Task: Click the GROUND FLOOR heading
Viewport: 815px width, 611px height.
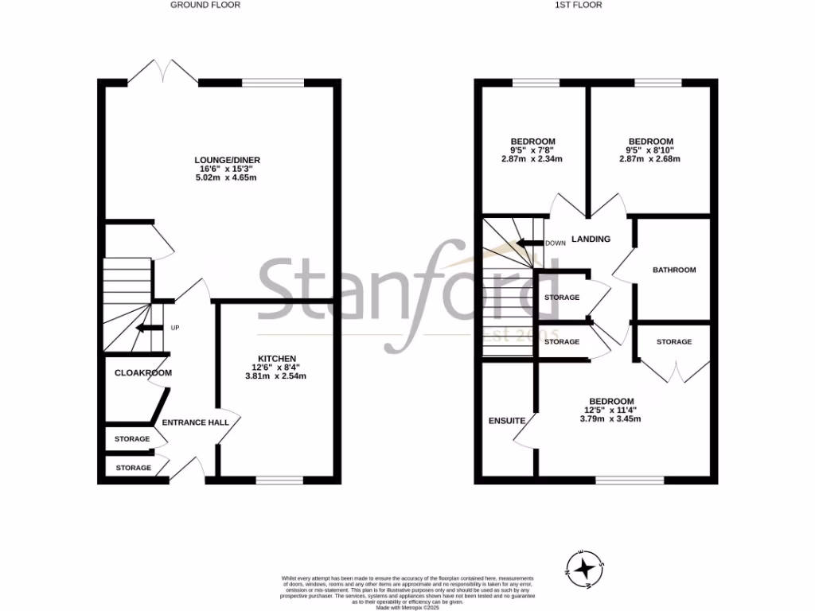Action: click(x=205, y=5)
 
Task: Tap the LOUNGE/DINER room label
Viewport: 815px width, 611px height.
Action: click(x=228, y=160)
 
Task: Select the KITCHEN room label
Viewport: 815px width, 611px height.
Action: click(x=277, y=358)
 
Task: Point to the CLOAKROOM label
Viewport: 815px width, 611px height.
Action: click(x=143, y=372)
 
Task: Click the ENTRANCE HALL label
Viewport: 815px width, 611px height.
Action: click(x=196, y=422)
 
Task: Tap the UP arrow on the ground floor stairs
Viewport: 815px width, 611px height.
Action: click(x=146, y=327)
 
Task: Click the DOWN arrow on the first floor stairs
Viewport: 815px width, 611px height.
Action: click(x=528, y=243)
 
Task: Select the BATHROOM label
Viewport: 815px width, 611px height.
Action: click(x=674, y=270)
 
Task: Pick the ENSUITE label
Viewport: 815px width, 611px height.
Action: click(x=507, y=420)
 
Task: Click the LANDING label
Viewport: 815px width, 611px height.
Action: click(x=591, y=239)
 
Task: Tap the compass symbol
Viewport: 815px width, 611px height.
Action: click(x=586, y=567)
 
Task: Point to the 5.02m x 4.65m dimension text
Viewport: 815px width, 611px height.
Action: click(x=228, y=177)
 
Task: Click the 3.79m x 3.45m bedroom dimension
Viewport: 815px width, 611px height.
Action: click(x=611, y=418)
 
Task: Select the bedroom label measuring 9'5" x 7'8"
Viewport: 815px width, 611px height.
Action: click(x=532, y=142)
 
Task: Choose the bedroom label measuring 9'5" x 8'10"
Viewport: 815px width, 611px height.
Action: click(x=650, y=142)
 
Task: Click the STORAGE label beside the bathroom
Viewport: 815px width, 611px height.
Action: click(x=674, y=341)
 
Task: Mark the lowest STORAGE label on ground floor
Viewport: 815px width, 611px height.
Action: click(x=133, y=468)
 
